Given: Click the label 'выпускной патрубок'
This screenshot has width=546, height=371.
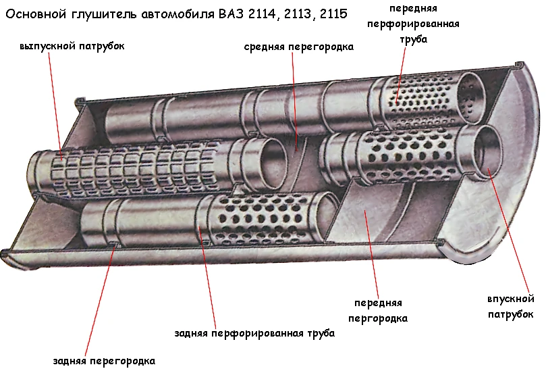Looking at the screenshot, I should pos(72,46).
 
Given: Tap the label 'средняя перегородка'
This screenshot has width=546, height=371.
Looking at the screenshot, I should pos(298,47).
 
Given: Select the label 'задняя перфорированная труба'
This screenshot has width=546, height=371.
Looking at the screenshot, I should pos(254,333).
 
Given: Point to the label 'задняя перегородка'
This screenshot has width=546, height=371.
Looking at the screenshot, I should pos(104,360).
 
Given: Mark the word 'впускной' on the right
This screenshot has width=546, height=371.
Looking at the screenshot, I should pos(510,299).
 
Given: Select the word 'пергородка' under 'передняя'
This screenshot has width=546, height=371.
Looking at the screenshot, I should pos(378,318).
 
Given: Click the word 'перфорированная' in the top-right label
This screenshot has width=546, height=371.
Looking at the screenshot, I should pos(413,24).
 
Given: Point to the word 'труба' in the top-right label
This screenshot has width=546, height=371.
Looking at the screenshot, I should pos(413,39).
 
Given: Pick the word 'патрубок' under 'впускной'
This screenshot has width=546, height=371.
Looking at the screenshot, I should pos(510,314).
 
